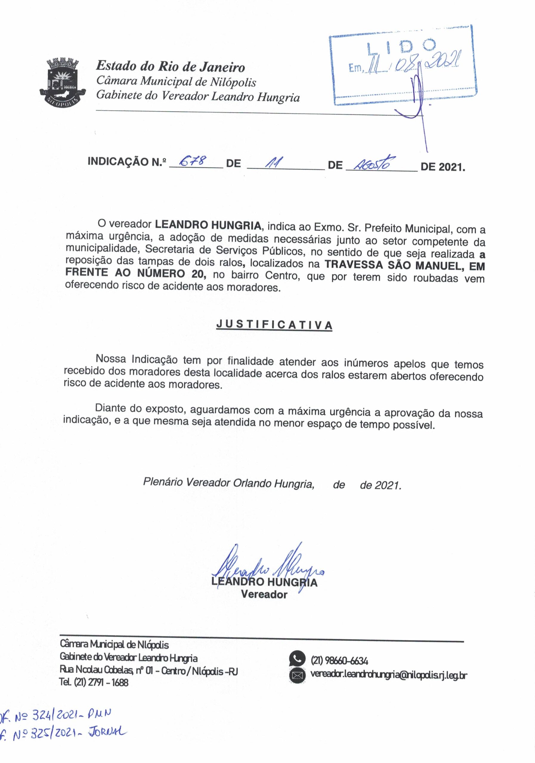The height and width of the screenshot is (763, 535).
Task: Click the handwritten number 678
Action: [x=193, y=162]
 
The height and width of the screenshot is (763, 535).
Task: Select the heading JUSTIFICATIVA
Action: [x=274, y=325]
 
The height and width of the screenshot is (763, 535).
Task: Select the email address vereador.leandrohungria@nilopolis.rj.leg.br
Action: [x=389, y=674]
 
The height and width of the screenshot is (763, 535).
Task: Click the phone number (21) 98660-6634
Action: [x=339, y=660]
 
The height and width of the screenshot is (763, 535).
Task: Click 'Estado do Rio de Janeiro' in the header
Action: [x=170, y=67]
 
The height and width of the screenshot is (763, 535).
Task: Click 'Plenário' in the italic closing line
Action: [x=162, y=482]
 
